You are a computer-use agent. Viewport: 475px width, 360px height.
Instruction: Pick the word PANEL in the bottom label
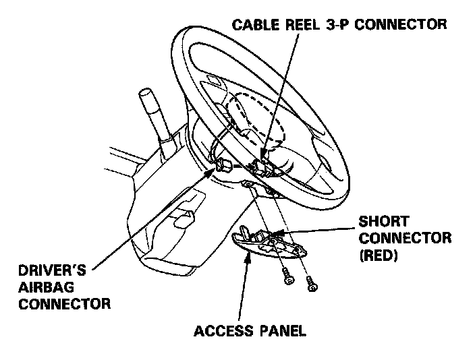(281, 331)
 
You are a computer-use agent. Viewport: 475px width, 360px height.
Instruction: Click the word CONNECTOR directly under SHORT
(404, 238)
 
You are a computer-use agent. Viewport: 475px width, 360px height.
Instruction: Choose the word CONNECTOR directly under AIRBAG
(64, 304)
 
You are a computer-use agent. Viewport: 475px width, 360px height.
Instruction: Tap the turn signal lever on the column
(151, 114)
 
